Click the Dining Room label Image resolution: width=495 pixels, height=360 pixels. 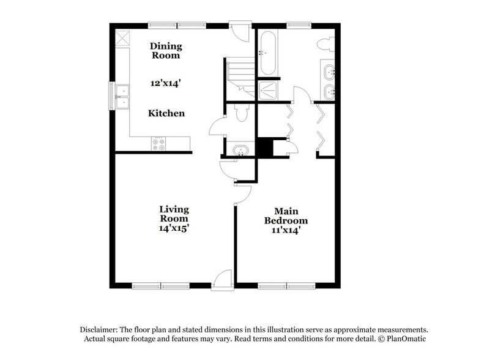(165, 50)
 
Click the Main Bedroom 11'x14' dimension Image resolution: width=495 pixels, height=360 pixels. (286, 230)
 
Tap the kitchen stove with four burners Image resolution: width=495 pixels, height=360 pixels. (158, 144)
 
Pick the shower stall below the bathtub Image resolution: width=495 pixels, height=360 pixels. (267, 91)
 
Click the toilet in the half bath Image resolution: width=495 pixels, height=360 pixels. (240, 114)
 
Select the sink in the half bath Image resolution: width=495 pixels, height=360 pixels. (240, 150)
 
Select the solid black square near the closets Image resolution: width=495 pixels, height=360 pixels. (264, 148)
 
